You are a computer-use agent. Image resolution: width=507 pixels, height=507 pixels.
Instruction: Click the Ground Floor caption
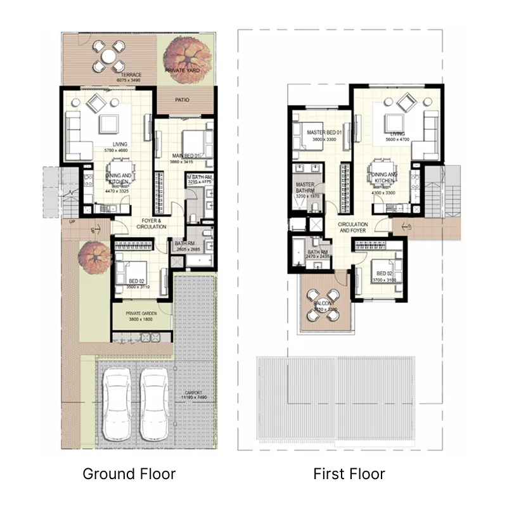[x=129, y=473]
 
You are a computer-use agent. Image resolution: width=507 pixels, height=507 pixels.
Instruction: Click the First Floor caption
[x=349, y=473]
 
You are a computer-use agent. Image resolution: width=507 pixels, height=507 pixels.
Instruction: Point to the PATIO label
[x=183, y=99]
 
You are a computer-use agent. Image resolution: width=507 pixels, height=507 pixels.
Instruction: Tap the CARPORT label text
[x=193, y=393]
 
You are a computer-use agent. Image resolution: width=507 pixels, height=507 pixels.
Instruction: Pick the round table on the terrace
[x=108, y=56]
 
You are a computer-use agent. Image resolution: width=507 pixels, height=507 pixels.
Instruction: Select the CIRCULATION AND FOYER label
[x=353, y=228]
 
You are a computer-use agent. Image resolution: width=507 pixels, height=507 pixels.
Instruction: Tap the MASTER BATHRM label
[x=305, y=188]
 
